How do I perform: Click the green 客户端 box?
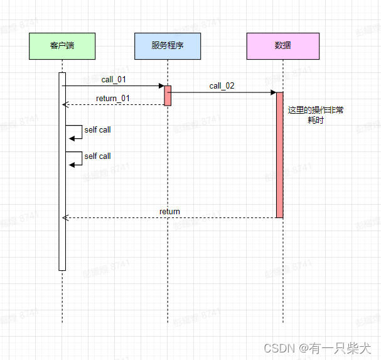pyautogui.click(x=62, y=46)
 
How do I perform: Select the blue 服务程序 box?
pyautogui.click(x=168, y=46)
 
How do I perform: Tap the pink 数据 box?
pyautogui.click(x=282, y=46)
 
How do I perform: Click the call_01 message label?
pyautogui.click(x=114, y=80)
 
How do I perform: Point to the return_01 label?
pyautogui.click(x=113, y=98)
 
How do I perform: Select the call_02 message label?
pyautogui.click(x=222, y=86)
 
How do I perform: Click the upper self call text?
pyautogui.click(x=97, y=130)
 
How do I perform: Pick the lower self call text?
pyautogui.click(x=97, y=156)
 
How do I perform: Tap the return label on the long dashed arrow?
pyautogui.click(x=169, y=212)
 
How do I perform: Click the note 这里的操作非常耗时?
pyautogui.click(x=315, y=115)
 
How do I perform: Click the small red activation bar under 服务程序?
pyautogui.click(x=168, y=95)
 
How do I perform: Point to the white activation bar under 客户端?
pyautogui.click(x=62, y=188)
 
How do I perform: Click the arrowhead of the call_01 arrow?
pyautogui.click(x=161, y=85)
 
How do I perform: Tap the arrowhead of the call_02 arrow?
pyautogui.click(x=273, y=92)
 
